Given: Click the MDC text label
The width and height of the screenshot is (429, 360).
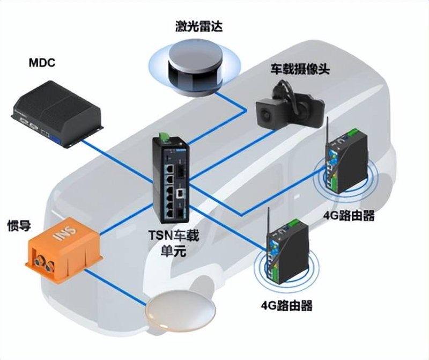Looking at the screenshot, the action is tap(42, 63).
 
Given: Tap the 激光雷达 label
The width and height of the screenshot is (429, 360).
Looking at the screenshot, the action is tap(198, 27).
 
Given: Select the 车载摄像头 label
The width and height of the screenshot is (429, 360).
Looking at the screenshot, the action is tap(300, 69).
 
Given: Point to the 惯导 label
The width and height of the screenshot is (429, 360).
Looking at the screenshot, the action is tap(19, 226).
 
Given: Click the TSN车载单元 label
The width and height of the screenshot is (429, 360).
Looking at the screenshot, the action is tap(174, 243).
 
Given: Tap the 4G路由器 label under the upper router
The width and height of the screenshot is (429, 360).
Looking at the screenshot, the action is tap(349, 216).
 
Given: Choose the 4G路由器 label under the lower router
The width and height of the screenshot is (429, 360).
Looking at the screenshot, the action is tap(287, 305).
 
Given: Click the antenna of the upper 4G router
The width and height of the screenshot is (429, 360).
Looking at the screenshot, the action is tap(327, 132).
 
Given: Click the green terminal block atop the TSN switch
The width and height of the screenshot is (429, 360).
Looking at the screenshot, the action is tap(163, 137).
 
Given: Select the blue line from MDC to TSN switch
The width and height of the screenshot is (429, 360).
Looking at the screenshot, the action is tap(117, 162).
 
